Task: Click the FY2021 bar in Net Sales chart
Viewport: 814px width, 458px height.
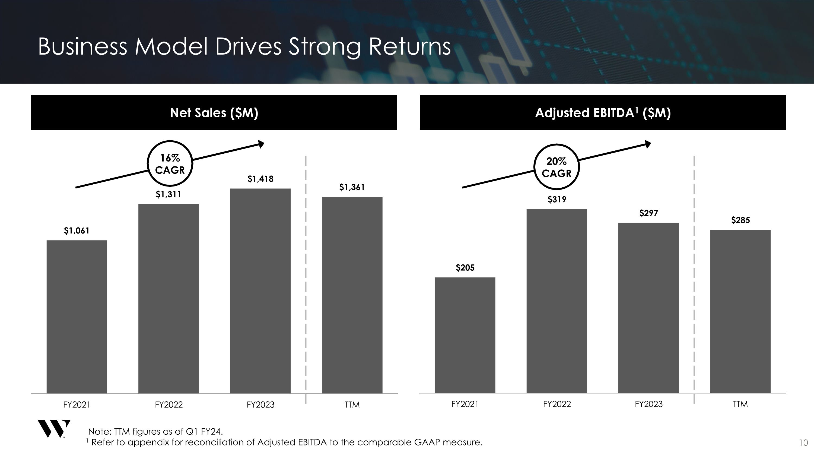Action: click(x=77, y=317)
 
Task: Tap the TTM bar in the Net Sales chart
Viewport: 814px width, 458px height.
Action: click(x=352, y=295)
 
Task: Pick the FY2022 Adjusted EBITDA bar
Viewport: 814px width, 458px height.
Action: click(x=557, y=301)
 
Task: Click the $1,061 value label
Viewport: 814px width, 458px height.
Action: click(x=77, y=231)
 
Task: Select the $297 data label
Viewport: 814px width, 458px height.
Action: click(x=648, y=213)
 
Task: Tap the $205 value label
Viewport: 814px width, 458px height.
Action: click(x=465, y=268)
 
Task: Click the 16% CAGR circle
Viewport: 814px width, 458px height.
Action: click(x=170, y=163)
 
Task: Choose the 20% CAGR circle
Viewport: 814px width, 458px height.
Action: click(x=557, y=167)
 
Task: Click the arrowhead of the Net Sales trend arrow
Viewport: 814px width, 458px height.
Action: click(x=261, y=144)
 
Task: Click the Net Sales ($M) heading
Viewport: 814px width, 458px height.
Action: click(x=214, y=112)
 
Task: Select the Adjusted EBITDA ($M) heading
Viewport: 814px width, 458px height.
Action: click(x=603, y=112)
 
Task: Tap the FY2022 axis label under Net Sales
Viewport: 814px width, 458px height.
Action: click(x=168, y=405)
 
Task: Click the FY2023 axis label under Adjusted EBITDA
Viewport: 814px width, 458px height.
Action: click(x=648, y=404)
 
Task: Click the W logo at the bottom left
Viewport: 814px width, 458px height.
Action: click(x=53, y=429)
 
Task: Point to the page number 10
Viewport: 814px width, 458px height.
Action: click(x=803, y=443)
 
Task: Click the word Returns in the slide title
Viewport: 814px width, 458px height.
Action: click(x=409, y=47)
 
